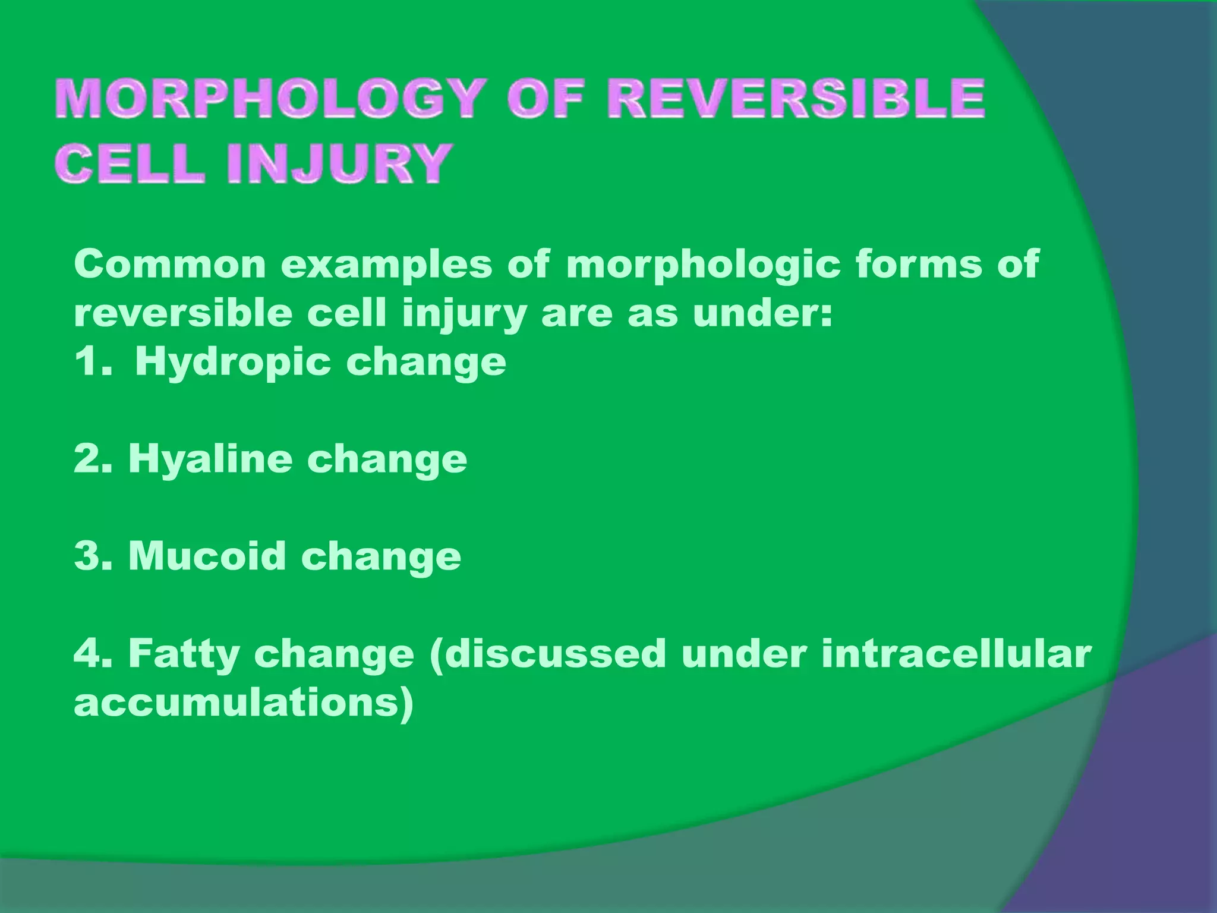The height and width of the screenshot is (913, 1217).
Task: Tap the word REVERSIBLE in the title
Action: point(796,99)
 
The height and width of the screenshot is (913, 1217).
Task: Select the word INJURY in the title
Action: point(338,163)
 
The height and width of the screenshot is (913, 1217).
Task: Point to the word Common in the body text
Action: point(170,265)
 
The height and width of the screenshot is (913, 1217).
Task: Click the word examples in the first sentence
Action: point(387,265)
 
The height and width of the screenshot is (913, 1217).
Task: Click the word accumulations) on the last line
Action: point(243,703)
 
